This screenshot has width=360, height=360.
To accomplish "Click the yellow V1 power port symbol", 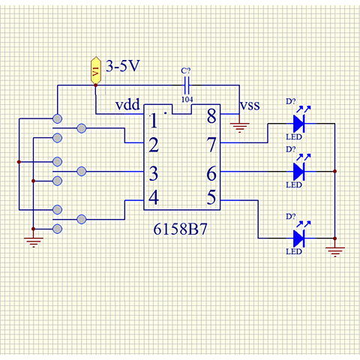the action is tap(96, 70).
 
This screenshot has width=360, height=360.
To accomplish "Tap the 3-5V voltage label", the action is tap(122, 66).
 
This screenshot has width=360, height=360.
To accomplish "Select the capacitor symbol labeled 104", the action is tap(187, 85).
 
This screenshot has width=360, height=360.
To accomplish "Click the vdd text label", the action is tap(127, 104).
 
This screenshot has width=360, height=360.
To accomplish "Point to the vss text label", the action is tap(250, 106).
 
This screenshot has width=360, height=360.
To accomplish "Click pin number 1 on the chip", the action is tap(154, 121).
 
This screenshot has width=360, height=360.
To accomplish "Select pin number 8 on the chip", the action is tap(211, 116).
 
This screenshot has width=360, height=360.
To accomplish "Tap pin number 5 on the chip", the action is tap(211, 197).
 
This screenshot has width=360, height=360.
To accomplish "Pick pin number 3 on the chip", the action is tap(154, 173).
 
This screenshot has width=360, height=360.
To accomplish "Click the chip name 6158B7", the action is tap(180, 229).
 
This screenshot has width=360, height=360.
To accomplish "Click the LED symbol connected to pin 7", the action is tap(299, 123).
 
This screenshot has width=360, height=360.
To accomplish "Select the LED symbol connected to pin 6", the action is tap(299, 172).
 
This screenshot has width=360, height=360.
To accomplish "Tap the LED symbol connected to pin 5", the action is tap(299, 238).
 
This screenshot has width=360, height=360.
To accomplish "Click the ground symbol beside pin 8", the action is tap(239, 127).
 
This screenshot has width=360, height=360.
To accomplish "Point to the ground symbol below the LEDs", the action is tap(335, 252).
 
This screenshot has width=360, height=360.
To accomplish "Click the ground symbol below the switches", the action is tap(34, 242).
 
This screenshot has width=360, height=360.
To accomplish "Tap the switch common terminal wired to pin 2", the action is tap(82, 128).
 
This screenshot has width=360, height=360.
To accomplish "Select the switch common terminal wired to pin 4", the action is tap(82, 219).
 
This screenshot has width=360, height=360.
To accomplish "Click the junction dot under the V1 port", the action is tap(96, 85).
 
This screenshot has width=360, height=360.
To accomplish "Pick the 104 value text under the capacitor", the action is tap(187, 100).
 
